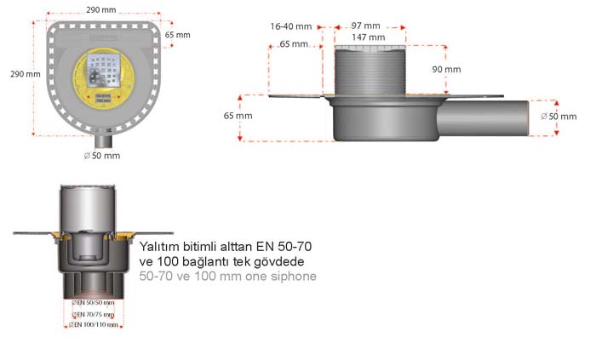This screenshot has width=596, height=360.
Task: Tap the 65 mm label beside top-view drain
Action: pos(178,35)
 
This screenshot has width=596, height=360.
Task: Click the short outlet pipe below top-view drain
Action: pos(103,140)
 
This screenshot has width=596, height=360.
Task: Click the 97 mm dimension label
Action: pos(365,26)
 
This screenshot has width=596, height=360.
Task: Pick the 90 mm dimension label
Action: pos(446,69)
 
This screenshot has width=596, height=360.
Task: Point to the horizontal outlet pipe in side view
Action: pos(485,116)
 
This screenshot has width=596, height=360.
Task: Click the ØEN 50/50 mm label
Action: pos(94,303)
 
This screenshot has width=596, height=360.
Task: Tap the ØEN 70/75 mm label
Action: pos(94,314)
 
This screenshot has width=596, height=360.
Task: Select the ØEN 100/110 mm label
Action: pos(94,324)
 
